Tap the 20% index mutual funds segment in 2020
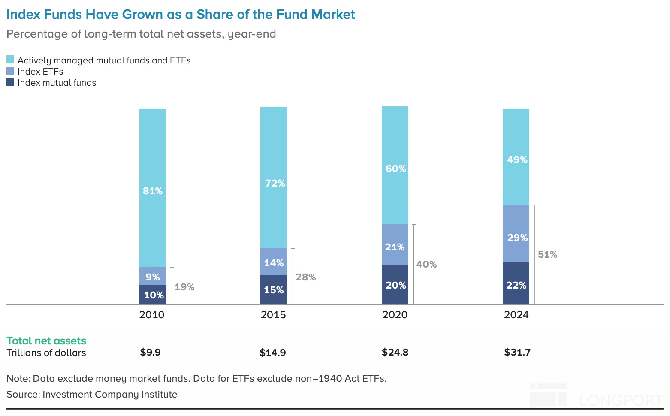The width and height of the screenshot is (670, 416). click(x=395, y=285)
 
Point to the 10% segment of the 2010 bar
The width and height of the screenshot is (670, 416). click(x=153, y=295)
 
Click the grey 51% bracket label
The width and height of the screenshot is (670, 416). click(x=548, y=255)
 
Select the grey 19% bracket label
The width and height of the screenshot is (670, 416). click(x=184, y=287)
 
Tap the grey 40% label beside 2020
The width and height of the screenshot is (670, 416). click(x=426, y=265)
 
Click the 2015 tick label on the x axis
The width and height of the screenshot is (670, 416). click(x=273, y=315)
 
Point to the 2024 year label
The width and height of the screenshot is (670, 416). click(x=516, y=315)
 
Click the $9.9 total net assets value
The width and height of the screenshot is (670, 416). click(x=150, y=353)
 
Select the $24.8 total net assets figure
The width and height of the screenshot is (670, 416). click(x=395, y=353)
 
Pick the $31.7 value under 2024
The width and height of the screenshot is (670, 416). click(x=517, y=353)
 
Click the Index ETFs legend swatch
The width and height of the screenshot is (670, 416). click(x=10, y=71)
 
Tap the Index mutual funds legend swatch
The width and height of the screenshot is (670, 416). click(x=10, y=82)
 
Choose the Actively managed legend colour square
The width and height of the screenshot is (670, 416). click(x=10, y=60)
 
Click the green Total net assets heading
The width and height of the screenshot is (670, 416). click(x=46, y=341)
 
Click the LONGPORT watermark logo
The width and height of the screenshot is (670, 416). click(x=596, y=396)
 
